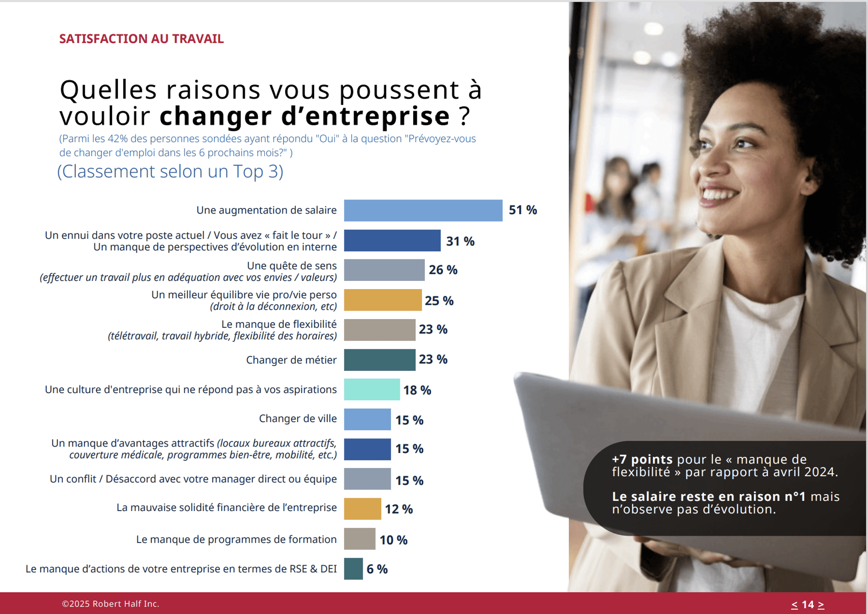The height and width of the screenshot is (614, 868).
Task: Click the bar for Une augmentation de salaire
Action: tap(423, 210)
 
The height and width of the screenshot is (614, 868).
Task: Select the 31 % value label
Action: tap(460, 241)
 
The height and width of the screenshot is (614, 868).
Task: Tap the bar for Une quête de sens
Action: tap(384, 270)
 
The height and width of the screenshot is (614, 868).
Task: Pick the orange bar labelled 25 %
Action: tap(383, 300)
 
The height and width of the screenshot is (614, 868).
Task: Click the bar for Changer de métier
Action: tap(379, 360)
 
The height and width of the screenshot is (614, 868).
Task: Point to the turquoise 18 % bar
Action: tap(372, 390)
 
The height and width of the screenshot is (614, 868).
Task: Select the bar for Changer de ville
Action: tap(367, 419)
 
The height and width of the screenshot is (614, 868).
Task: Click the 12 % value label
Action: tap(399, 509)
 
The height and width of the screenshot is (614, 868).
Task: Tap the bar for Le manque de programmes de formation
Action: tap(359, 539)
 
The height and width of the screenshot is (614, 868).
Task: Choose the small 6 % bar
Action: tap(353, 569)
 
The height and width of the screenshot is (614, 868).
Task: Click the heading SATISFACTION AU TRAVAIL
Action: tap(141, 39)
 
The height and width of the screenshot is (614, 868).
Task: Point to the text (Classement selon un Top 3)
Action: tap(170, 171)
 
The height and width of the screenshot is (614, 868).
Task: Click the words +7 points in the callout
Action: tap(642, 459)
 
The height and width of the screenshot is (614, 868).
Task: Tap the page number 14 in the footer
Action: tap(807, 604)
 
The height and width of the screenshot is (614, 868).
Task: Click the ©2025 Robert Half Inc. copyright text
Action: tap(110, 604)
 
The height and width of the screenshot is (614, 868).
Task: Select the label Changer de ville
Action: tap(297, 419)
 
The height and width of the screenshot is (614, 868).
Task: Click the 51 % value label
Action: tap(523, 210)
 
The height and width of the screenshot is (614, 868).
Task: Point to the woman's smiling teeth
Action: tap(720, 194)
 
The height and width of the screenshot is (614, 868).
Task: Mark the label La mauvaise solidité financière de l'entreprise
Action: tap(226, 507)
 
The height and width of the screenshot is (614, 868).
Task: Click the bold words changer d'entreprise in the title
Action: tap(305, 116)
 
